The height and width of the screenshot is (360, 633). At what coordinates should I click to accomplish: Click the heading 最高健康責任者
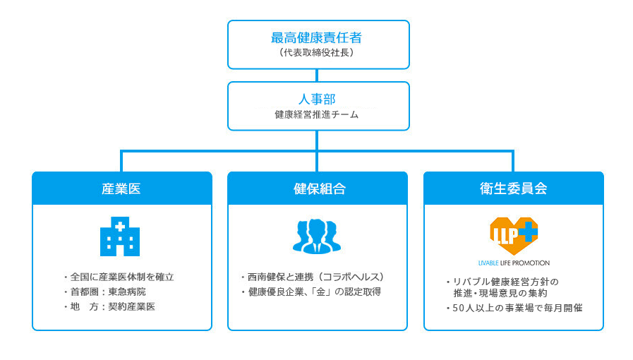click(316, 38)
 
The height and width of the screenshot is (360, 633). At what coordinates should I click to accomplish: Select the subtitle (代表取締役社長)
click(316, 52)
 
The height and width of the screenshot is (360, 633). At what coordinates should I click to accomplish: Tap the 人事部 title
click(317, 99)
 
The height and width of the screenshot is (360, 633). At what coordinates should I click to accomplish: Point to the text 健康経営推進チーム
click(316, 114)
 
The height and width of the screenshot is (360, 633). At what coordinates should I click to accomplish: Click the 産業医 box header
click(122, 188)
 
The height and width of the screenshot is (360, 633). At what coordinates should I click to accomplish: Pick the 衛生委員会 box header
click(514, 188)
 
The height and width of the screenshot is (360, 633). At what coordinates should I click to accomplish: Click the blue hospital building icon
click(120, 236)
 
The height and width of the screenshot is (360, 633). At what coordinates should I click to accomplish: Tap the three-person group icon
click(317, 236)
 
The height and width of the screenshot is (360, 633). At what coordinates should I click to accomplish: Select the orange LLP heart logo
click(514, 236)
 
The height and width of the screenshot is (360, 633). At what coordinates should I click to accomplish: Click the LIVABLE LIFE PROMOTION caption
click(514, 263)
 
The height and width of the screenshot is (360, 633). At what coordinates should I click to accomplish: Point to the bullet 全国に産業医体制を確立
click(119, 277)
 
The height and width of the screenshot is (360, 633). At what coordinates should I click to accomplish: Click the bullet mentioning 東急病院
click(105, 292)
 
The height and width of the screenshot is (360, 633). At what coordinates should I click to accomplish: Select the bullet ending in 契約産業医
click(109, 307)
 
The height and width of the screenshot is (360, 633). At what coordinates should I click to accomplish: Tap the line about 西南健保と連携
click(313, 277)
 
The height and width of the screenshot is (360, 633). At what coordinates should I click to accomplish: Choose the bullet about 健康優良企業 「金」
click(311, 292)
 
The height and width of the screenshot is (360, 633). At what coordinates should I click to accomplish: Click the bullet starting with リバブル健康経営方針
click(502, 287)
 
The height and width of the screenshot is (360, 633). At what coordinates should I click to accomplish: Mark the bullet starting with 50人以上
click(514, 308)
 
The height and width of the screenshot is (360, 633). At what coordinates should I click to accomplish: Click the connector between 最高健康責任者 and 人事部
click(317, 76)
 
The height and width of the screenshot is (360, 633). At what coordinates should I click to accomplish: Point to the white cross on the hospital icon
click(120, 227)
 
